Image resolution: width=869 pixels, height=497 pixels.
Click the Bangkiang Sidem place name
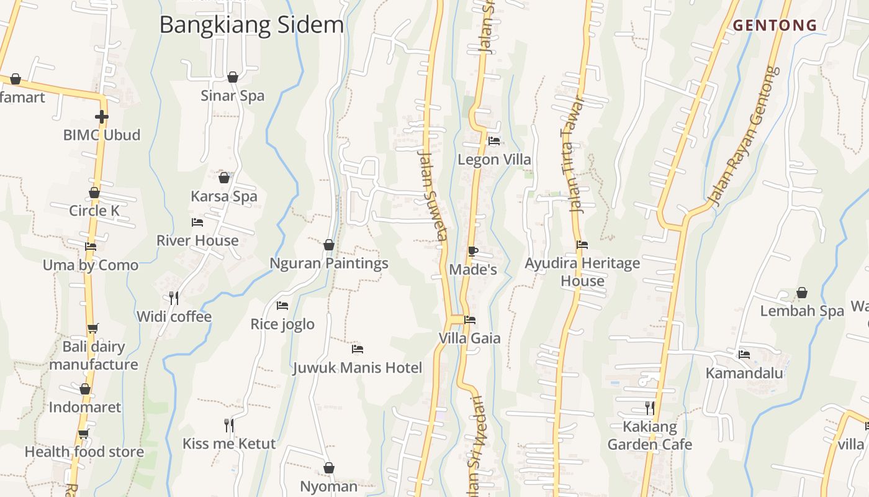click(251, 25)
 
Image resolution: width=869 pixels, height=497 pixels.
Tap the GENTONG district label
click(775, 25)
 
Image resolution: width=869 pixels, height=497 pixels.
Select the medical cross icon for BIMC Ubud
click(102, 117)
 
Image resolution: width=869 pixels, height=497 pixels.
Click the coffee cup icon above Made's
click(472, 251)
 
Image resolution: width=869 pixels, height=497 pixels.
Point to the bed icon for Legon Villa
click(494, 141)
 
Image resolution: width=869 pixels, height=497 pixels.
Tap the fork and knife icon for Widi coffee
click(174, 298)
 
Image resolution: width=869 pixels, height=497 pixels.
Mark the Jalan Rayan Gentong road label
click(745, 137)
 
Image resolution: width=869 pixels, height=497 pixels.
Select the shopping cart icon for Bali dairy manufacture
click(92, 328)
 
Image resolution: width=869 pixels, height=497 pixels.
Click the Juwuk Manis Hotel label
click(358, 368)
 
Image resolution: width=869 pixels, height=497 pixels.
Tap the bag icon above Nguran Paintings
click(329, 245)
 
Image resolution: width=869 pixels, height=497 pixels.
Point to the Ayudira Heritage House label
click(582, 271)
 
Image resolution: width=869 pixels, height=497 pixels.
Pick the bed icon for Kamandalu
click(744, 355)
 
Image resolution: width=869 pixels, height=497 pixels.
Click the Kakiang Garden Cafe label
click(650, 435)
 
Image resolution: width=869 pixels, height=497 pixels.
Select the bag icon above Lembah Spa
click(802, 293)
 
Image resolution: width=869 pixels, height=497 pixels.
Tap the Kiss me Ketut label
click(229, 444)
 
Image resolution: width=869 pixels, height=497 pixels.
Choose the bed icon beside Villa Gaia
click(470, 320)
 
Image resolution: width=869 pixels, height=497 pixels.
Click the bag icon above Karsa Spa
click(224, 178)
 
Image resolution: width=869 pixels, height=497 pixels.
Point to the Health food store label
click(84, 452)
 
